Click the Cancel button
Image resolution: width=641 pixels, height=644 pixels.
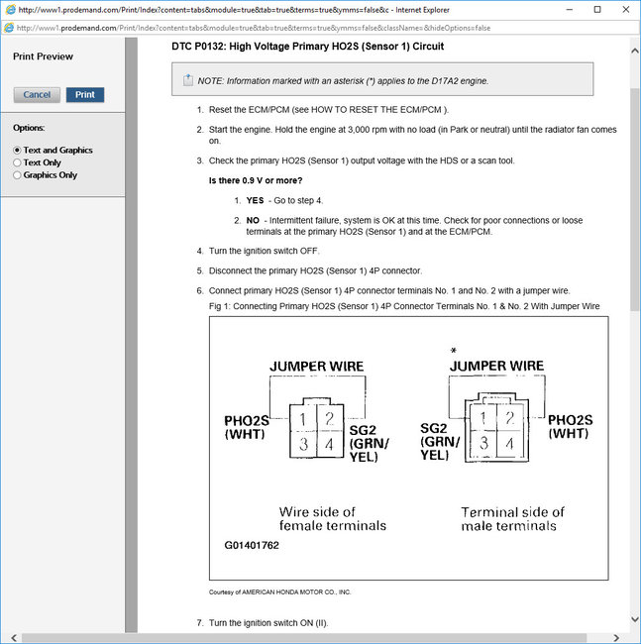(x=37, y=95)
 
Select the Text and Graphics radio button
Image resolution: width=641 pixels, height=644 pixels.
(x=17, y=151)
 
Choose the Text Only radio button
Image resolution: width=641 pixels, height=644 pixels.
(x=17, y=162)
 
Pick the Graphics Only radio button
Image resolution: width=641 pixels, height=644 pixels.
(x=17, y=175)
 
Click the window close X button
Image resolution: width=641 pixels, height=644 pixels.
(x=623, y=9)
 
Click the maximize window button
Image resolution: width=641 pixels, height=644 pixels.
(x=596, y=9)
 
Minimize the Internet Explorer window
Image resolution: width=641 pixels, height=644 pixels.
(x=570, y=9)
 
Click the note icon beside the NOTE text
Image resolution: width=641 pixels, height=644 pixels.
(x=188, y=80)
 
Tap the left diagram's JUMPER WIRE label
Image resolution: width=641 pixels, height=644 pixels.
(x=316, y=367)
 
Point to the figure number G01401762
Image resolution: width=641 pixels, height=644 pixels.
(x=252, y=545)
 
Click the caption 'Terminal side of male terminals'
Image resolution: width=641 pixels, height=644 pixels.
(x=512, y=518)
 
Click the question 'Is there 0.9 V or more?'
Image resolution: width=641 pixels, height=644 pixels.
(x=256, y=180)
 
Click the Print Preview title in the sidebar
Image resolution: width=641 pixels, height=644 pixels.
(x=43, y=56)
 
